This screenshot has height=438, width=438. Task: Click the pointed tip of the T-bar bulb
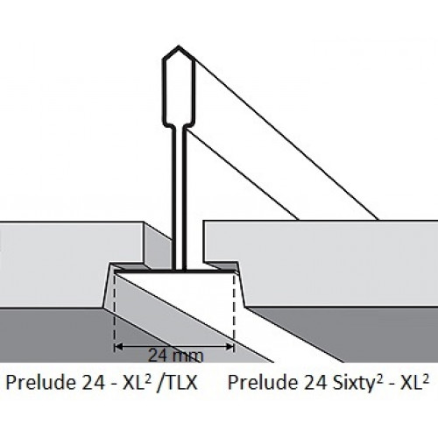point(179,46)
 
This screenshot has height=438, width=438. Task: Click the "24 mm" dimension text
point(175,356)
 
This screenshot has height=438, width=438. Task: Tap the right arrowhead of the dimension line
point(230,347)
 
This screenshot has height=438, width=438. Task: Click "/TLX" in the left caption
point(177,382)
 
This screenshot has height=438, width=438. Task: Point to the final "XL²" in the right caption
point(414,382)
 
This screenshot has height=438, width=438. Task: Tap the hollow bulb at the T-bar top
point(179,86)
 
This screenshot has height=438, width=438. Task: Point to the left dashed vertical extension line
point(115,313)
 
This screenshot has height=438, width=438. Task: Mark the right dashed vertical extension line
point(234,313)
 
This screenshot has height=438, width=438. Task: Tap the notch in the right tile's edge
point(223,265)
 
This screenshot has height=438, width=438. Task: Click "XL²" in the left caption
point(137,382)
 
